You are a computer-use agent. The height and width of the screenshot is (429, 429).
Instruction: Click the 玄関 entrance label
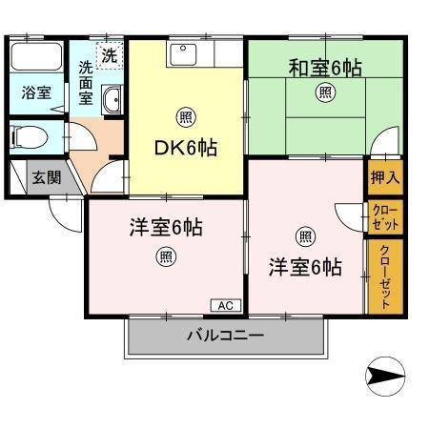(x=44, y=177)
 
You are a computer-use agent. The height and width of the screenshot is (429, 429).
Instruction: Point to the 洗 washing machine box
(x=110, y=55)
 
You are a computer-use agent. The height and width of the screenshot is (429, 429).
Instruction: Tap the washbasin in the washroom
(x=112, y=98)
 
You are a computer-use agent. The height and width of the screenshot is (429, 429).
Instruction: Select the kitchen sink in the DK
(x=182, y=53)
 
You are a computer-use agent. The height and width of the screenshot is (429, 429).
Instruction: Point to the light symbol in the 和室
(x=326, y=92)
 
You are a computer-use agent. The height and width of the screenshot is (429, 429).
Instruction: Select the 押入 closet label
(x=385, y=177)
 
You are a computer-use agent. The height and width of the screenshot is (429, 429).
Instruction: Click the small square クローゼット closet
(x=385, y=217)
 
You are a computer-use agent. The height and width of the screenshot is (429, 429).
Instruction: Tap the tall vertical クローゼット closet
(x=385, y=276)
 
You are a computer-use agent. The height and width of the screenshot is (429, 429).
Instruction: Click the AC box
(x=226, y=305)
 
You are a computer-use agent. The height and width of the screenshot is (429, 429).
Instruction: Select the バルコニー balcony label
(x=225, y=336)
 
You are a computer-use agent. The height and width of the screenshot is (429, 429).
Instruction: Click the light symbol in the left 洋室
(x=167, y=255)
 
